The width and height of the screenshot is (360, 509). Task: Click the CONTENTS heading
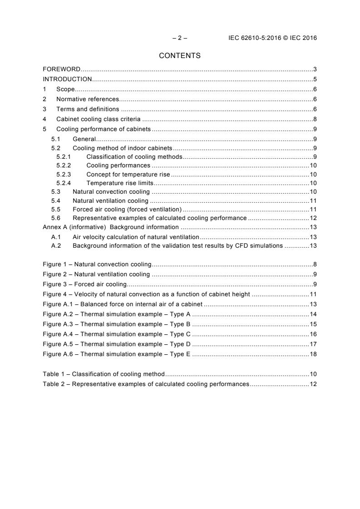coord(180,56)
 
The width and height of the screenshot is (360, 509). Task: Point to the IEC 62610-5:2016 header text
coord(272,38)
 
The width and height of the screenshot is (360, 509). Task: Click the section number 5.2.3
coord(64,174)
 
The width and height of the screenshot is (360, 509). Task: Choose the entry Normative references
coord(87,99)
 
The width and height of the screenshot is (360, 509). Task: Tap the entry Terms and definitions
coord(88,109)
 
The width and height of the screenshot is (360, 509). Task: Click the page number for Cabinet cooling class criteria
coord(315,119)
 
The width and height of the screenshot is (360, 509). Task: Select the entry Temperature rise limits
coord(120,183)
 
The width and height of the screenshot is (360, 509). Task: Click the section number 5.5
coord(56,209)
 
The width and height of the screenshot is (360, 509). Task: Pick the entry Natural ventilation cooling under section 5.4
coord(110,201)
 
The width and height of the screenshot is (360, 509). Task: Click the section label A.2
coord(56,245)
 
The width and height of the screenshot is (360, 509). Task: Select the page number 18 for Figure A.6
coord(313,354)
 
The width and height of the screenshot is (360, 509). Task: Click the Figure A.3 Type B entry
coord(116,324)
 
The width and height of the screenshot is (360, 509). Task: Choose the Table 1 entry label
coord(54,374)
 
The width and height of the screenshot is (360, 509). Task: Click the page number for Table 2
coord(313,384)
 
